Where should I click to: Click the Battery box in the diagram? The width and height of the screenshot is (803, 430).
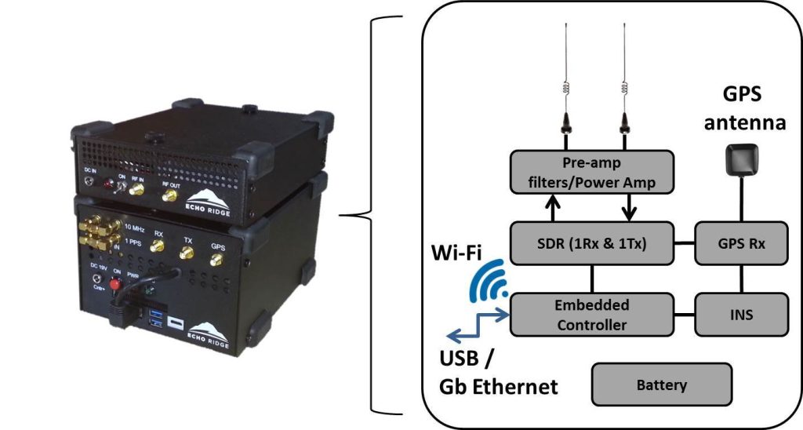pyautogui.click(x=662, y=385)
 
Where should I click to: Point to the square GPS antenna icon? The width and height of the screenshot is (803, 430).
pyautogui.click(x=740, y=160)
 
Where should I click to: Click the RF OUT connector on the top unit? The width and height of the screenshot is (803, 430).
pyautogui.click(x=169, y=198)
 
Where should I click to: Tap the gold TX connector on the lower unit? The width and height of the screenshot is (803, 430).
pyautogui.click(x=187, y=252)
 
